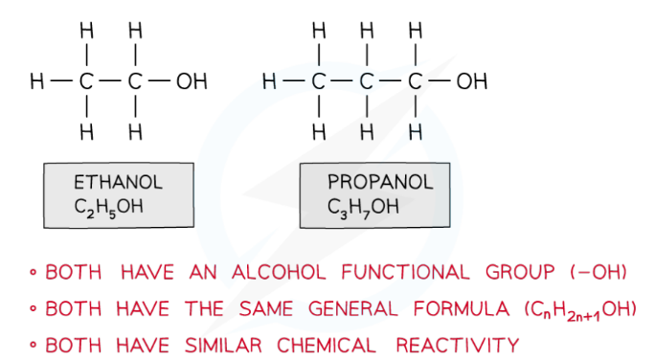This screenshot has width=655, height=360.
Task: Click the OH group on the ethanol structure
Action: (192, 82)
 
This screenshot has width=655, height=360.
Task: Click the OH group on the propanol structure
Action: (471, 82)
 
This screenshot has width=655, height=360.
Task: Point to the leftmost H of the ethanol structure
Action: (35, 82)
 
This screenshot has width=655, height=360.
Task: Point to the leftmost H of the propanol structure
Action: (269, 82)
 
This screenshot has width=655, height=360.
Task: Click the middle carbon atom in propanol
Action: (365, 82)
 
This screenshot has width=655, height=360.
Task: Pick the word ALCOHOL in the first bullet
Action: (280, 273)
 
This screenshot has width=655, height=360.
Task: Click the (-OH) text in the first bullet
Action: (599, 273)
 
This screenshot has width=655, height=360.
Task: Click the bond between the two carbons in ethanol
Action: (110, 82)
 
